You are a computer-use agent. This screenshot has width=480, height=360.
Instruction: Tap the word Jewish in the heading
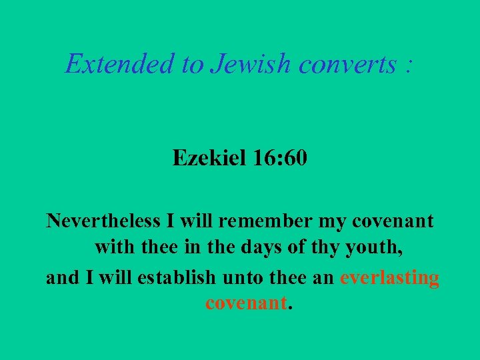[251, 64]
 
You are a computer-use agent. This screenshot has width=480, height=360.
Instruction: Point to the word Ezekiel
[209, 158]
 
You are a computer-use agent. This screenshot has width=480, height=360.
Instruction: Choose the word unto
[248, 277]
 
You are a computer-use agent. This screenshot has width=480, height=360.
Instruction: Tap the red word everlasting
[389, 277]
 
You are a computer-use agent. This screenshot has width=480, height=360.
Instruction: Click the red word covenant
[246, 305]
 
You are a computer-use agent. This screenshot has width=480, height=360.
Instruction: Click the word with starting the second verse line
[114, 249]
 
